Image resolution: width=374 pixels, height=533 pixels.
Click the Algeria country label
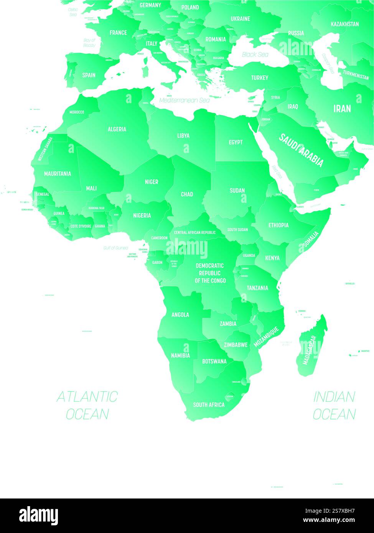117,129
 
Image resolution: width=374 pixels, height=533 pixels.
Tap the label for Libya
183,136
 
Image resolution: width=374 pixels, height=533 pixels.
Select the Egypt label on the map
236,142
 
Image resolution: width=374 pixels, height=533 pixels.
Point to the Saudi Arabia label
301,150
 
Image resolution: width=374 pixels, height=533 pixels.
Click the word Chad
187,194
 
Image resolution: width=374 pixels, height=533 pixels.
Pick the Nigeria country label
142,216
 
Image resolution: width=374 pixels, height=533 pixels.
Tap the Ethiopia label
278,225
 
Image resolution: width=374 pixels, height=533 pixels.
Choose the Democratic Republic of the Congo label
210,273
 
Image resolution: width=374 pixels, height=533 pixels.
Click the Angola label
180,315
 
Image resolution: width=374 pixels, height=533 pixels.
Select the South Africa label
209,405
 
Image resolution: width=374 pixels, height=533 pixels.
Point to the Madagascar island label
309,350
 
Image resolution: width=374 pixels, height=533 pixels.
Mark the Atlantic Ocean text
87,405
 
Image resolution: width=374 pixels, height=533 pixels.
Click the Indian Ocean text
334,405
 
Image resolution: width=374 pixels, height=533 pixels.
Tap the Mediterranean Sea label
185,100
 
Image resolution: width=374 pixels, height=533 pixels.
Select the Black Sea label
255,54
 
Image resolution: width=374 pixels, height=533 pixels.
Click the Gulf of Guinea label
115,248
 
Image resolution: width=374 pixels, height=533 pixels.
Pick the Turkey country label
260,78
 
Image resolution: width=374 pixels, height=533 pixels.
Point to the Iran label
342,109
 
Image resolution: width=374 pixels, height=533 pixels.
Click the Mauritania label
58,174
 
